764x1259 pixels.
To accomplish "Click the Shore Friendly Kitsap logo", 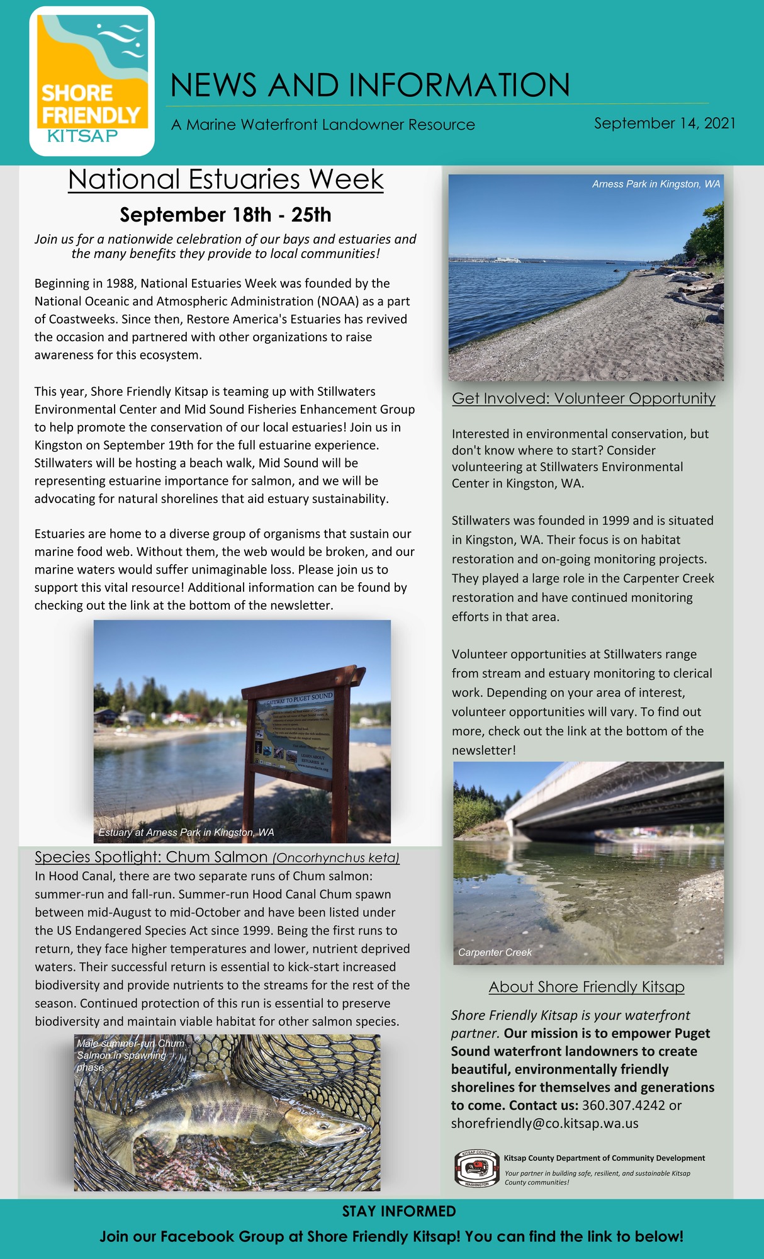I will (92, 81).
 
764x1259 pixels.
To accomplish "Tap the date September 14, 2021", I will (665, 123).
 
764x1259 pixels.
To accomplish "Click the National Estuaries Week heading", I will (225, 179).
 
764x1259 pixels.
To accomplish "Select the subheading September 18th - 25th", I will (225, 215).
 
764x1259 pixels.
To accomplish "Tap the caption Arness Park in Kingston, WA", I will (656, 184).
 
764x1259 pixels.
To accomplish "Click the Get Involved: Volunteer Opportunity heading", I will (583, 398).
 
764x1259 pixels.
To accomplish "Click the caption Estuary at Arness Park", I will (186, 832).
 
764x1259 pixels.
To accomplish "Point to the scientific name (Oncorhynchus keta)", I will (336, 857).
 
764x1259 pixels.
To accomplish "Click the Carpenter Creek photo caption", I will (495, 952).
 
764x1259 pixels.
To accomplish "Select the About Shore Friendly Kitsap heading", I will (587, 986).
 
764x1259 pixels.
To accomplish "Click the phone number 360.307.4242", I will (623, 1105).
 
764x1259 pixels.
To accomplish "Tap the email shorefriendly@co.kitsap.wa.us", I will (544, 1123).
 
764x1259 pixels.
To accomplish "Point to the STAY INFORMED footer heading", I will (399, 1211).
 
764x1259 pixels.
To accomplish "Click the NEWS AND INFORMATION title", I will (369, 85).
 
